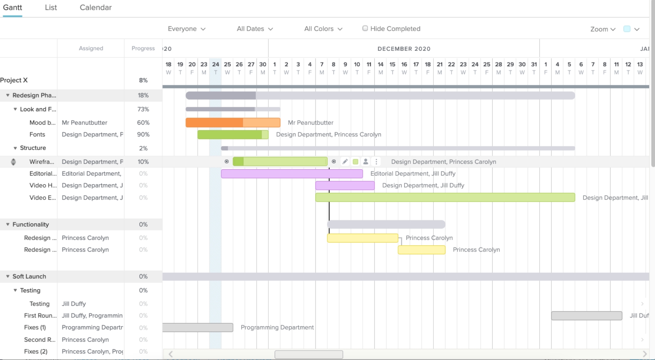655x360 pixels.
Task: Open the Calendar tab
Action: pos(96,7)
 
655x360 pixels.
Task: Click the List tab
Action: pos(51,7)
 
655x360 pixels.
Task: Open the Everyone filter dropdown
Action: pos(186,29)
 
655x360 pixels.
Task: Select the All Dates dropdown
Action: pos(255,29)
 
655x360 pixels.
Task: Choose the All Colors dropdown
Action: pos(323,29)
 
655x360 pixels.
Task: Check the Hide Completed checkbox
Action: pos(365,28)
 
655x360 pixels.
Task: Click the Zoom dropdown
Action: pos(603,29)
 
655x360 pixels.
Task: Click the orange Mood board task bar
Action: pos(232,123)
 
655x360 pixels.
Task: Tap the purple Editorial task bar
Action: pos(292,174)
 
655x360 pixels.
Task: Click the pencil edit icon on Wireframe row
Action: pos(345,162)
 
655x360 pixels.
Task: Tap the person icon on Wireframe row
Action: pos(366,162)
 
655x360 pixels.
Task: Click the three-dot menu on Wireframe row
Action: pos(376,162)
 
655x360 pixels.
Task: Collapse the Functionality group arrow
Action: pos(7,224)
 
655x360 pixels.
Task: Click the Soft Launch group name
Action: pos(29,276)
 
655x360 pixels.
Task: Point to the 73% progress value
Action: pos(143,109)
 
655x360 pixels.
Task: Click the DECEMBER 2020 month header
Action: pos(404,49)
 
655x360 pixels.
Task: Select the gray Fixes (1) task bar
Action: pos(198,328)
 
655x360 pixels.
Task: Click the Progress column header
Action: pos(143,48)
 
